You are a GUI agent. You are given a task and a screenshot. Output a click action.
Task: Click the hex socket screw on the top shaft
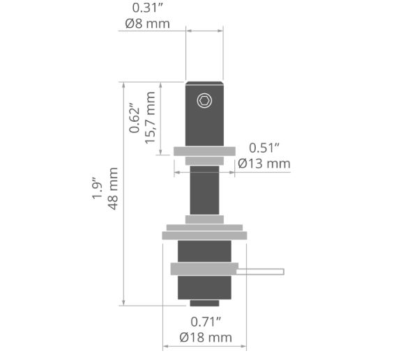point(204,101)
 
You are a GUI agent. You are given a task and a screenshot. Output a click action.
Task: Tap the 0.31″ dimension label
point(148,8)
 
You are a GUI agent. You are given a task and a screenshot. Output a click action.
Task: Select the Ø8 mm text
point(148,24)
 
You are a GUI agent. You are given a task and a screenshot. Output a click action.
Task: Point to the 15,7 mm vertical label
point(150,118)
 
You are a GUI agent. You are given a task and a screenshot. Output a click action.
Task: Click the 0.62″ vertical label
point(134,118)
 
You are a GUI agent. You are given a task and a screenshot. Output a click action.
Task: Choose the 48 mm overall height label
point(113,189)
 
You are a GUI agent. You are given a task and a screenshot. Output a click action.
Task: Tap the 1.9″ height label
point(97,189)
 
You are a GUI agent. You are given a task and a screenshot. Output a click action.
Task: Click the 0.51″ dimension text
point(264,148)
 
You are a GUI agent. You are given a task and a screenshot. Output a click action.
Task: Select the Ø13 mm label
point(264,164)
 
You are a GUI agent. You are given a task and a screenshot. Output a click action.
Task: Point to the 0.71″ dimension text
point(206,322)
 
